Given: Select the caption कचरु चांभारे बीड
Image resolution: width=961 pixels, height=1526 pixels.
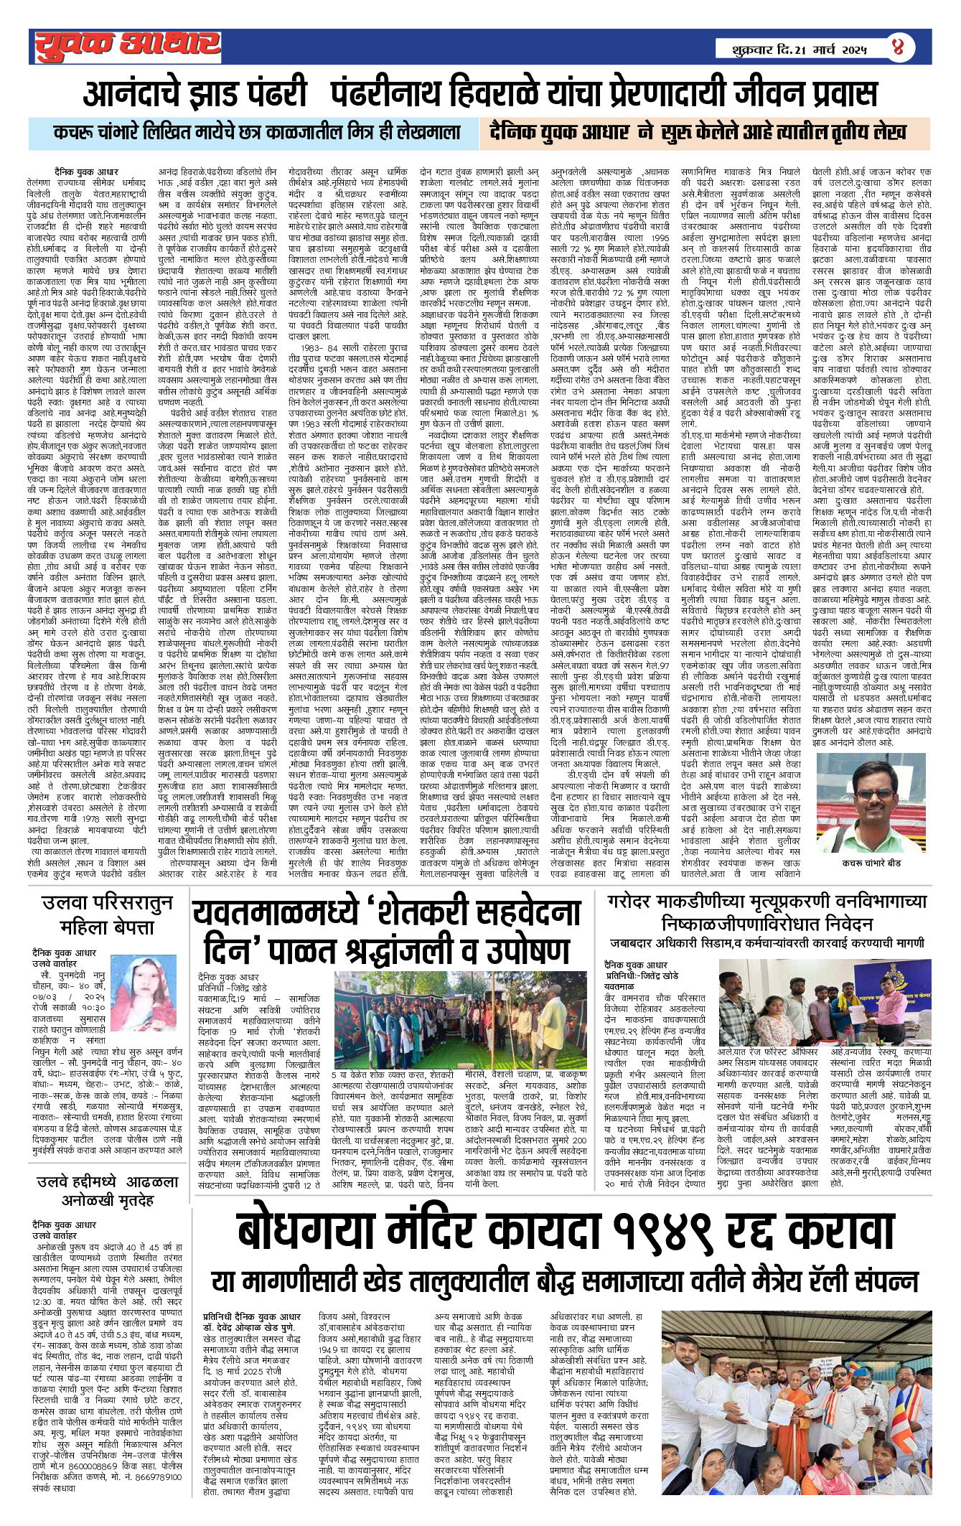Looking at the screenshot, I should (x=872, y=863).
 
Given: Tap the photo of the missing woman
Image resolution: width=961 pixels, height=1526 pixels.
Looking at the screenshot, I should (x=145, y=993).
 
